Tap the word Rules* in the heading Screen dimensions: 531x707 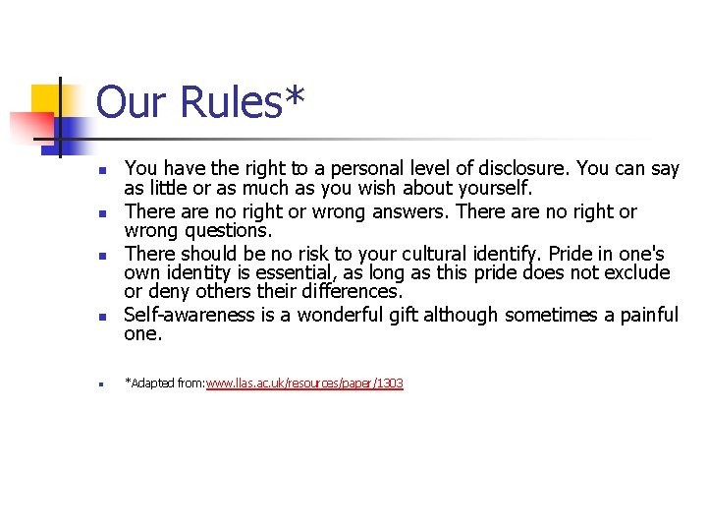(x=244, y=102)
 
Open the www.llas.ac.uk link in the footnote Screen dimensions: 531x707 (x=304, y=383)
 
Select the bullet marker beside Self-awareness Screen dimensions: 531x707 (x=101, y=318)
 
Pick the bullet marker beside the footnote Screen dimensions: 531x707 (x=101, y=384)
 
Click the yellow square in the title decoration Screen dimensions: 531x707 (x=44, y=99)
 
